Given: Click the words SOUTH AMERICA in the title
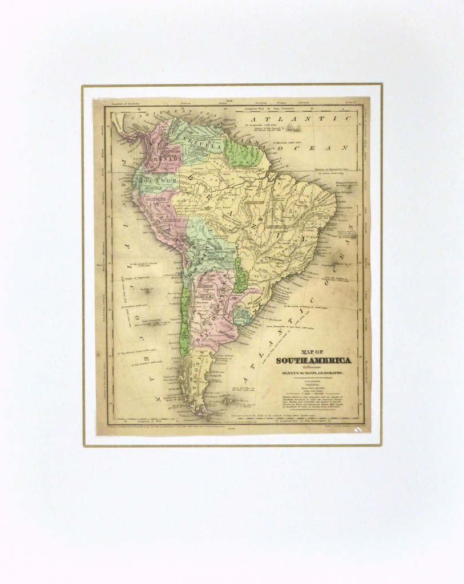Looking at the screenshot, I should pyautogui.click(x=314, y=360).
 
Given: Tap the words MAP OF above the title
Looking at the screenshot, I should pyautogui.click(x=315, y=351).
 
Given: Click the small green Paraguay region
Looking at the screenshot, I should pyautogui.click(x=242, y=280).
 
